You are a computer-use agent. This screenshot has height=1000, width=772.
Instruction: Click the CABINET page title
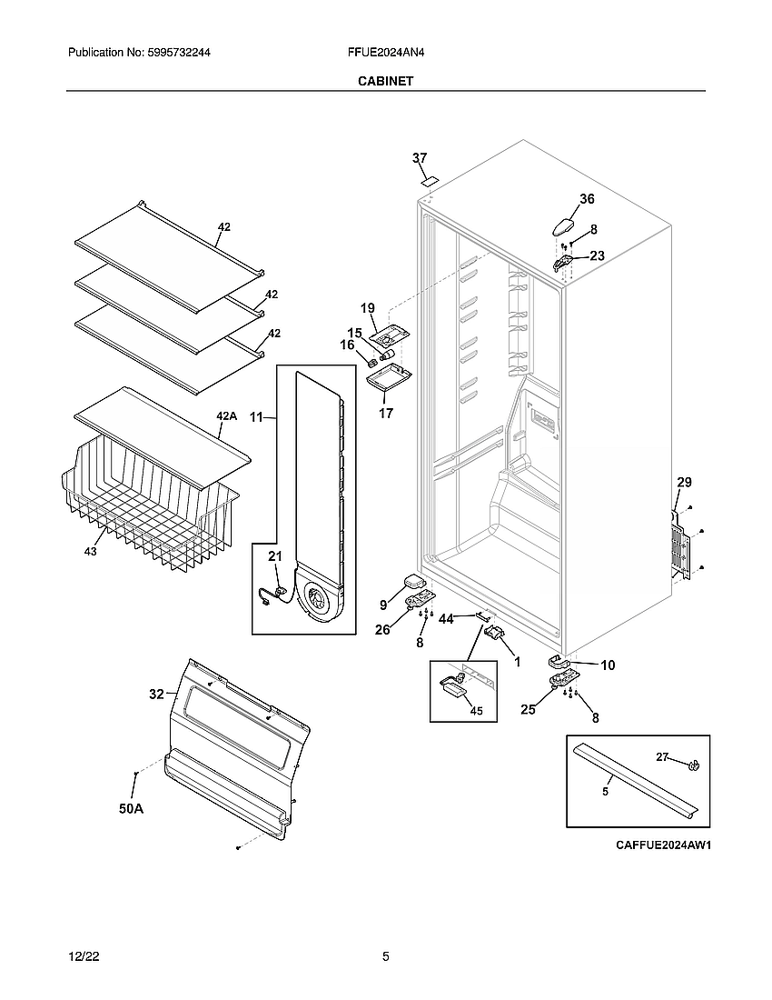(385, 81)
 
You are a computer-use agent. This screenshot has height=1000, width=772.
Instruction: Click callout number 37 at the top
(419, 158)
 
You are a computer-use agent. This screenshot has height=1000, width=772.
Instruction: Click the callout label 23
(597, 256)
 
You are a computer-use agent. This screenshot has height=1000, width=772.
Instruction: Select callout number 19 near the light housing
(368, 308)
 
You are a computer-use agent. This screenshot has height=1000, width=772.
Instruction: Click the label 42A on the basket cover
(226, 416)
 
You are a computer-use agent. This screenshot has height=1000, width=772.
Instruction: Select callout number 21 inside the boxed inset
(275, 555)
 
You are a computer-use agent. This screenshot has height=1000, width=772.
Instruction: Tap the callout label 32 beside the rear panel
(156, 694)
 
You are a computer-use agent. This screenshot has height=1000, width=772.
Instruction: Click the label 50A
(131, 807)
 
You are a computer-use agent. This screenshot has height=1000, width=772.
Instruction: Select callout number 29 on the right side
(684, 482)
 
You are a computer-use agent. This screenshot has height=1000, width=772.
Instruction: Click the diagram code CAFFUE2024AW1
(662, 845)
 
